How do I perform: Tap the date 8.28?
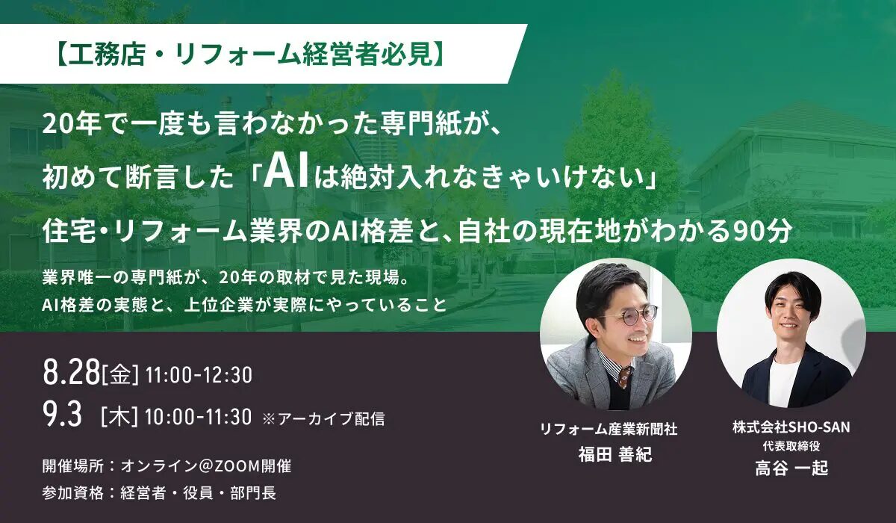pos(71,372)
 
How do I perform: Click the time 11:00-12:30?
pos(199,375)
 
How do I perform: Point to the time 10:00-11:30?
pos(199,417)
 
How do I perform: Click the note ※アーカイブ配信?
pos(323,418)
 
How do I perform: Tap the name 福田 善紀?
pos(615,454)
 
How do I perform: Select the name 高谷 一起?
pos(791,468)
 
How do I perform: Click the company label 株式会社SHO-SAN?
pos(791,427)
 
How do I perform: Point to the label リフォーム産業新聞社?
pos(609,430)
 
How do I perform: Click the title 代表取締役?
pos(791,446)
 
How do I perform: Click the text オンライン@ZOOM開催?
pos(206,466)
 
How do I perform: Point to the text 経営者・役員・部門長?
pos(199,493)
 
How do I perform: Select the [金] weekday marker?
pos(121,375)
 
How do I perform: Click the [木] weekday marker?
pos(119,417)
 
